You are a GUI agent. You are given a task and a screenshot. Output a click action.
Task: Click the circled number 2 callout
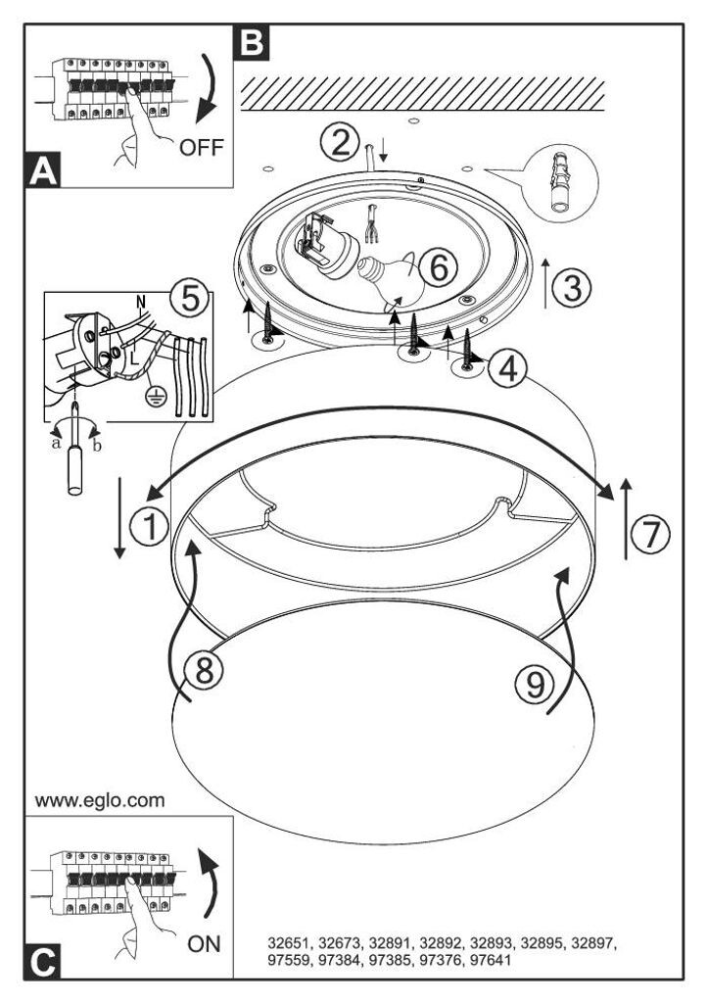coord(340,143)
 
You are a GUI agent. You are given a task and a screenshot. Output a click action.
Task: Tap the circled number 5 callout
coord(190,298)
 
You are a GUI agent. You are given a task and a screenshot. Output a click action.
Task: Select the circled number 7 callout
coord(651,534)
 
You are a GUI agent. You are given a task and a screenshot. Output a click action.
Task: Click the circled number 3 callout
coord(572,287)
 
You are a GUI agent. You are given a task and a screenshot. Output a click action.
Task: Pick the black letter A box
coord(43,170)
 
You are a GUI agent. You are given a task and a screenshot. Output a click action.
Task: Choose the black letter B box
coord(252,42)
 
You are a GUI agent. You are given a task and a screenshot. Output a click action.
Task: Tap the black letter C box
coord(43,961)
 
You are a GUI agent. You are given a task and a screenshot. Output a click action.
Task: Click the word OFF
coord(202,147)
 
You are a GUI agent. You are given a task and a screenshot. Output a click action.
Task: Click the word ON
coord(204,943)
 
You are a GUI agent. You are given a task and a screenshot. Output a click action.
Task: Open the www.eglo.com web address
coord(100,800)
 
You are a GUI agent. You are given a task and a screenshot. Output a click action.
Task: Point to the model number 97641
coord(491,960)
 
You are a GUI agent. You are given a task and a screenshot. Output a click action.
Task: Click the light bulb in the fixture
coord(392,280)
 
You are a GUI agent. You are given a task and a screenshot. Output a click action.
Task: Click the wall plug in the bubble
coord(559,183)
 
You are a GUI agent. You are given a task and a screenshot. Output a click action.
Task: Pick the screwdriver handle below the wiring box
coord(75,470)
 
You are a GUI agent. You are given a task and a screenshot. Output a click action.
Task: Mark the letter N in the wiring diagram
coord(142,302)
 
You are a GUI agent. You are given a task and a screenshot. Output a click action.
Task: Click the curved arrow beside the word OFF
coord(208,88)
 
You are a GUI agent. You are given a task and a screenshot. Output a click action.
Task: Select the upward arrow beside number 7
coord(626,518)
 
